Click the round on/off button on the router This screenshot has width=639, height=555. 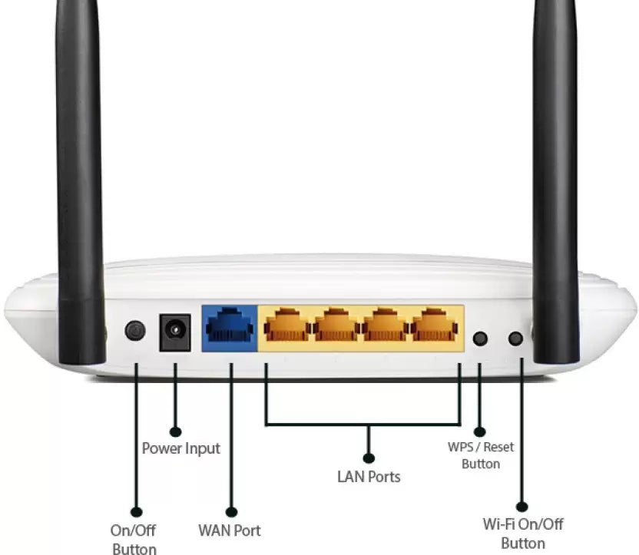click(135, 331)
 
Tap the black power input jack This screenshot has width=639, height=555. click(175, 332)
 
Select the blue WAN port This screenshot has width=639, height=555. click(230, 328)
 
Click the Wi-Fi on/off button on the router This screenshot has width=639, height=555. click(516, 338)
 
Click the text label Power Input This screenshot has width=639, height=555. click(181, 448)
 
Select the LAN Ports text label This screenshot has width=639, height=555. click(369, 477)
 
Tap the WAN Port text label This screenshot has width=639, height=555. click(230, 530)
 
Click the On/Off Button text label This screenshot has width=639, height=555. click(134, 539)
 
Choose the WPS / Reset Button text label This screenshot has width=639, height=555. click(481, 455)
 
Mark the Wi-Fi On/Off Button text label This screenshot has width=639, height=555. click(523, 534)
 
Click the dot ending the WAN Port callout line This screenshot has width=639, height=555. click(231, 511)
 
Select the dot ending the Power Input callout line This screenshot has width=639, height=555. click(176, 432)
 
